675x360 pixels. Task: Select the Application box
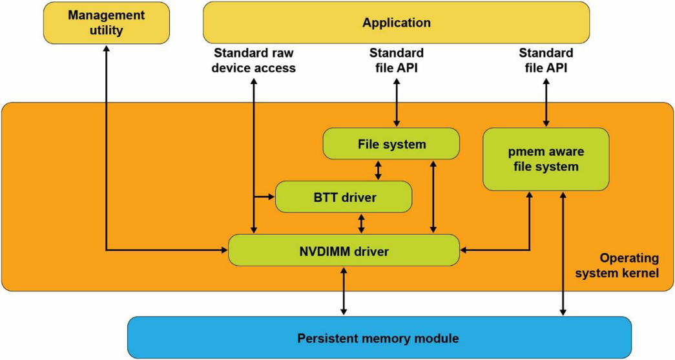(396, 23)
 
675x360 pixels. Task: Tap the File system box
(391, 143)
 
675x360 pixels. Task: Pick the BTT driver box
(343, 197)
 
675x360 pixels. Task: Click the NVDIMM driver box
(343, 250)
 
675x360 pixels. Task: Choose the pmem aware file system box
(546, 159)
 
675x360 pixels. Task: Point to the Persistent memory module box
(379, 337)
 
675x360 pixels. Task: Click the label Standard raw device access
(254, 60)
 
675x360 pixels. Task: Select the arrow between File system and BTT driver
(379, 170)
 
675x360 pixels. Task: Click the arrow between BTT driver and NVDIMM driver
(360, 224)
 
